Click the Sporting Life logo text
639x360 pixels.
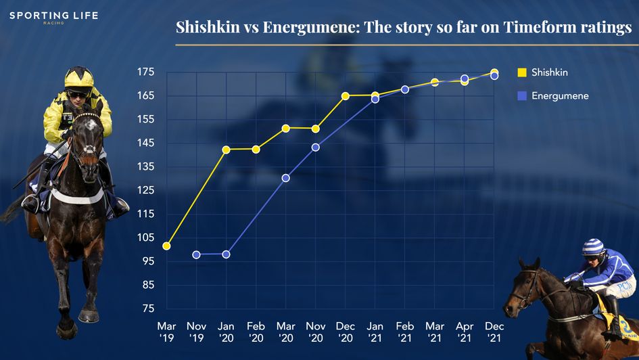[53, 16]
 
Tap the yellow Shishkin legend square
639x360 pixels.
[521, 72]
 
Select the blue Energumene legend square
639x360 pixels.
[521, 96]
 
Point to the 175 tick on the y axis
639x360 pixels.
[145, 72]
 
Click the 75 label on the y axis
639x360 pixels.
[147, 309]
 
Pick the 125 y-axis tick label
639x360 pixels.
[145, 190]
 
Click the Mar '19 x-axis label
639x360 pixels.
[166, 331]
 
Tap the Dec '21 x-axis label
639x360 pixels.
[494, 331]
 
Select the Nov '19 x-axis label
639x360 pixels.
[196, 331]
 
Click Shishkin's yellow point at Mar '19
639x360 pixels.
[166, 246]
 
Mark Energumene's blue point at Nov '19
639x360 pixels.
[196, 255]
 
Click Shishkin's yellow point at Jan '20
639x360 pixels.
[226, 150]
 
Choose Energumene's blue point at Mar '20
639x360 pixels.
[285, 178]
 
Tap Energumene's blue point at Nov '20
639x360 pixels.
[315, 148]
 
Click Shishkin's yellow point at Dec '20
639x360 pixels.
[345, 96]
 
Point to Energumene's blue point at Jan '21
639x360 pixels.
[375, 99]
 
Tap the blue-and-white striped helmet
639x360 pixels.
[594, 246]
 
